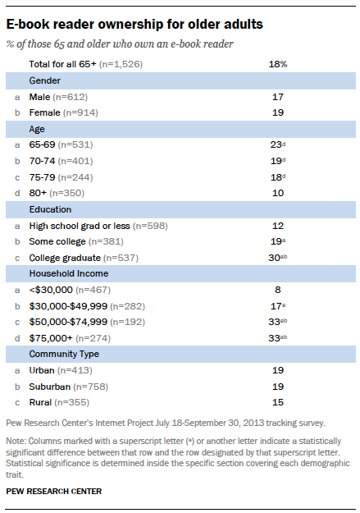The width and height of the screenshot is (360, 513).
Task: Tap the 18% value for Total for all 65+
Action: point(278,62)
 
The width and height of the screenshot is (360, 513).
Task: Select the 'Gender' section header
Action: point(46,80)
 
